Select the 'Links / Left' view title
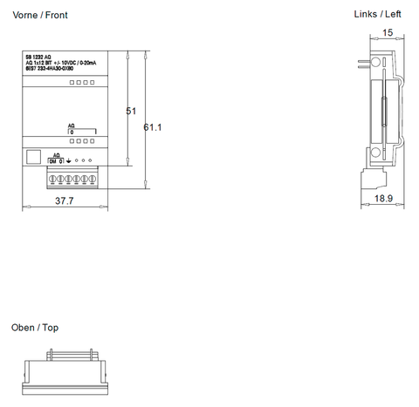[x=377, y=14]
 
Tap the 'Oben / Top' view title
[x=35, y=328]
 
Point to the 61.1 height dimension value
[x=153, y=127]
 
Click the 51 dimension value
[x=132, y=112]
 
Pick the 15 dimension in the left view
[x=388, y=33]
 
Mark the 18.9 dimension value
[x=384, y=199]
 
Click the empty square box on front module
[x=34, y=158]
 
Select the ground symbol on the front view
[x=68, y=163]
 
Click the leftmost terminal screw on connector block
[x=54, y=178]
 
